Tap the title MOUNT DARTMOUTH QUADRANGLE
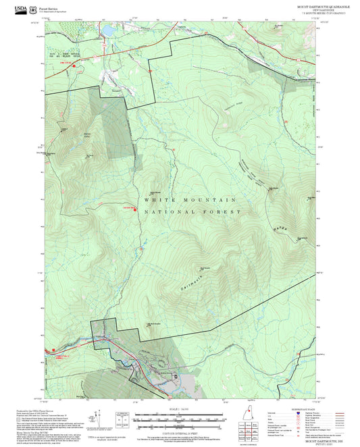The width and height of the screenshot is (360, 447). (x=306, y=7)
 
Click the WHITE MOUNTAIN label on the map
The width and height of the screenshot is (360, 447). (x=190, y=200)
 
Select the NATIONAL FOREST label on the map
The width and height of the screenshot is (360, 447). (x=192, y=212)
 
